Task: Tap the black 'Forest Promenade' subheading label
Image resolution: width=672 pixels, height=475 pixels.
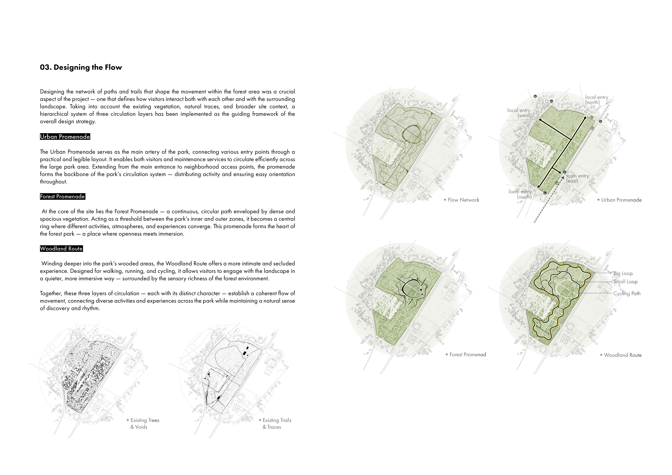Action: coord(62,197)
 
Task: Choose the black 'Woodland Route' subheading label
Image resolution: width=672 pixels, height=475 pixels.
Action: coord(61,249)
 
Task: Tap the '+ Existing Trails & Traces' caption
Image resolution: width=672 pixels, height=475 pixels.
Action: coord(275,423)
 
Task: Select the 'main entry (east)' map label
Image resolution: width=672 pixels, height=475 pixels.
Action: coord(577,178)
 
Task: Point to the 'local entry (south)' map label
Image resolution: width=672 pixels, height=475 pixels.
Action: coord(520,194)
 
